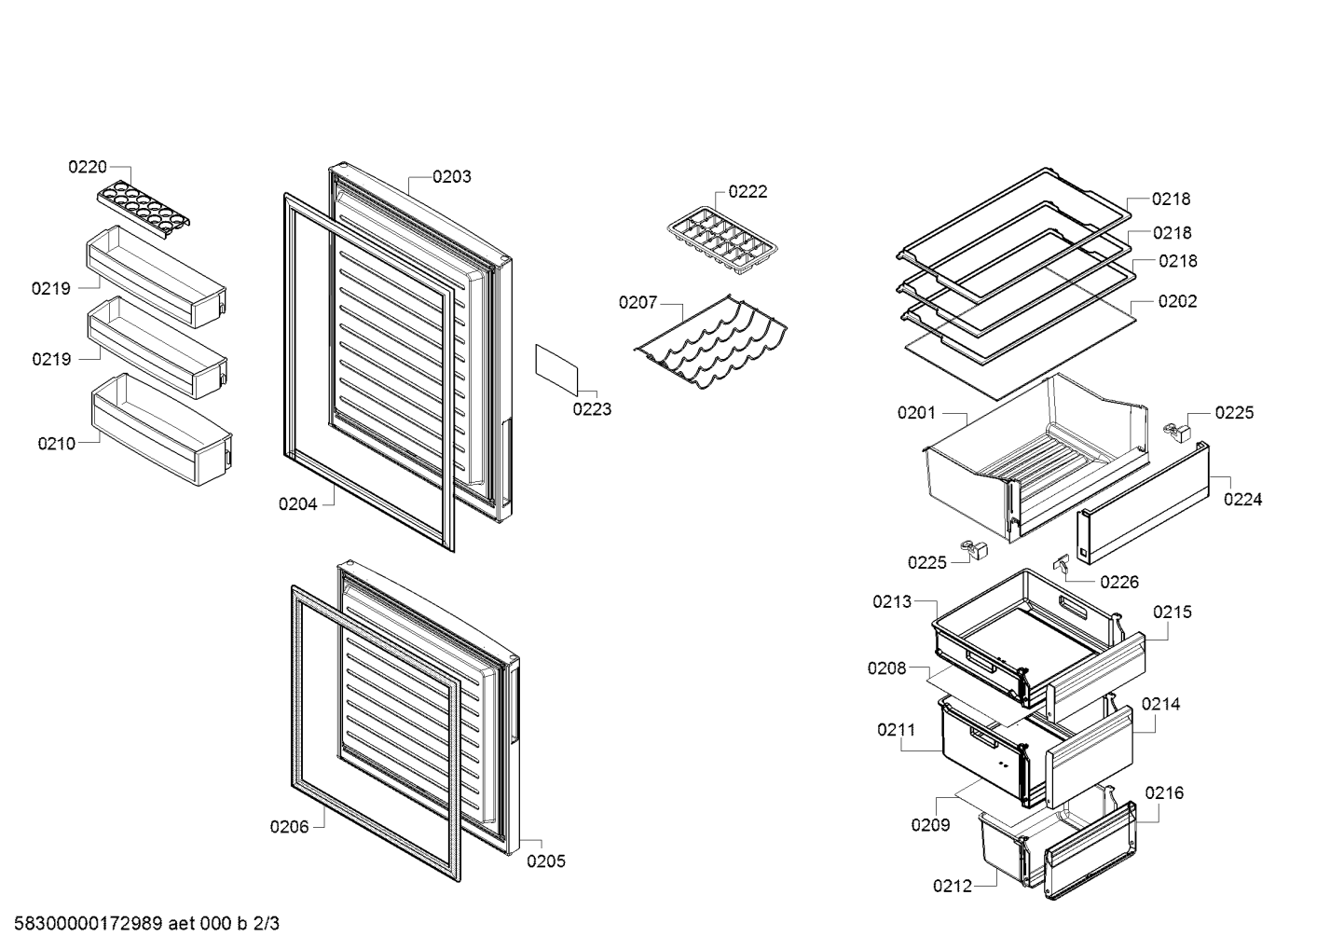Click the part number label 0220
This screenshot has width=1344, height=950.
coord(88,167)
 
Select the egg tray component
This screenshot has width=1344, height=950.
coord(144,207)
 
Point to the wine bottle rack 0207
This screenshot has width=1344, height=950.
coord(711,342)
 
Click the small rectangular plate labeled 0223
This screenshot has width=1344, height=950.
coord(556,370)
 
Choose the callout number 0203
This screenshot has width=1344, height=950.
coord(452,177)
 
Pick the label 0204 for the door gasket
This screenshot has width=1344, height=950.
coord(297,504)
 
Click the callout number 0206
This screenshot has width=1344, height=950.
coord(289,827)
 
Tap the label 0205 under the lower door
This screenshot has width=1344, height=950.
coord(546,861)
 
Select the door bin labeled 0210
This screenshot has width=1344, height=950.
coord(162,429)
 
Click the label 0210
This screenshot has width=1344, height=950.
coord(57,444)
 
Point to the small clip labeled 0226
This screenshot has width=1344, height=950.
coord(1062,562)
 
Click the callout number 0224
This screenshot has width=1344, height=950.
coord(1242,500)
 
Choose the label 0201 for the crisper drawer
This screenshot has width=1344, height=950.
coord(916,413)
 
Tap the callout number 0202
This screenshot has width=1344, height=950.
coord(1177,301)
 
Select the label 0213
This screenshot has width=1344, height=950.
coord(892,601)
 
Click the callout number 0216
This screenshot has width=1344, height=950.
coord(1164,793)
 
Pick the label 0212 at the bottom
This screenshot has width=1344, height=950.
coord(953,886)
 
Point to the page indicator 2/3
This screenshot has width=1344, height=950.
coord(267,924)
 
